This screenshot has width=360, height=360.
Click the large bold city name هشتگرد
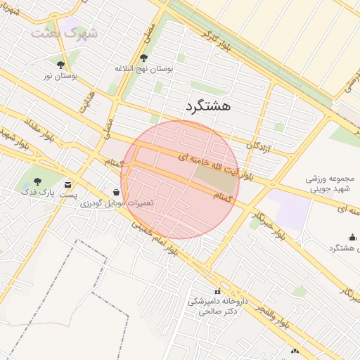pyautogui.click(x=208, y=106)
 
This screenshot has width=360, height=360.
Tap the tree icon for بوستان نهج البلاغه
pyautogui.click(x=144, y=58)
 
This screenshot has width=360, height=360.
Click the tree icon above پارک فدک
pyautogui.click(x=37, y=180)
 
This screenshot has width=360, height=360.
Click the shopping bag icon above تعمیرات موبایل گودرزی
pyautogui.click(x=116, y=192)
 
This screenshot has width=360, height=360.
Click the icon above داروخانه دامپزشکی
pyautogui.click(x=216, y=291)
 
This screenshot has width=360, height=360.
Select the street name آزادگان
pyautogui.click(x=259, y=145)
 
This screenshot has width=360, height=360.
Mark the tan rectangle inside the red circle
pyautogui.click(x=216, y=176)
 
